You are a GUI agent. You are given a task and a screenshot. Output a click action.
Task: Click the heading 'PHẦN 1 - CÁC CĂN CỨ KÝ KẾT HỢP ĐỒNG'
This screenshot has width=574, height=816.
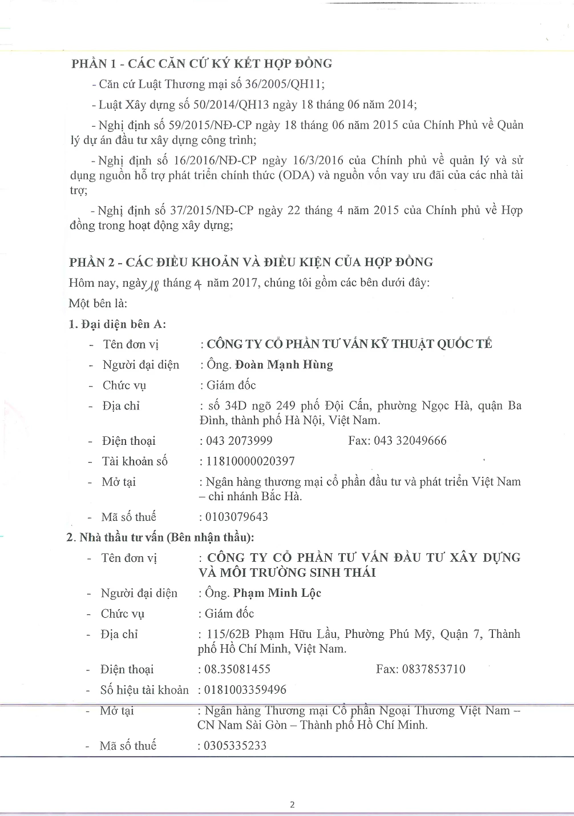click(201, 64)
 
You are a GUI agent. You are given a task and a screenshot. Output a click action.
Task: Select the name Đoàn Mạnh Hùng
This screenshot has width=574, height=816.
click(284, 365)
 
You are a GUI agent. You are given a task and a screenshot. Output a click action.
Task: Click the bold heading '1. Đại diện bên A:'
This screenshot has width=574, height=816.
click(117, 324)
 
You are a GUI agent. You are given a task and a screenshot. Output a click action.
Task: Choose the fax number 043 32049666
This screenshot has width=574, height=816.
click(410, 441)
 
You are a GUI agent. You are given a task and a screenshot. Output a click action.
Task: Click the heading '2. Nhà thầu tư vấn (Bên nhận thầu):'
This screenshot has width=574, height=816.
click(160, 537)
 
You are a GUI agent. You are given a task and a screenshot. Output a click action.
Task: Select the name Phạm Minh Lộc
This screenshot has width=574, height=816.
click(277, 593)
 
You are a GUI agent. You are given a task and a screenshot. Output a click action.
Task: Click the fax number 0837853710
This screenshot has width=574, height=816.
click(434, 669)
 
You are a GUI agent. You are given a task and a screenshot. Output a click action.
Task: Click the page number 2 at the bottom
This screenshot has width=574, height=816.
click(293, 805)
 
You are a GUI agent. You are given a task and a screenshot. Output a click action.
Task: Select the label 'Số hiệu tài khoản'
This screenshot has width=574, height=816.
click(144, 690)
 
